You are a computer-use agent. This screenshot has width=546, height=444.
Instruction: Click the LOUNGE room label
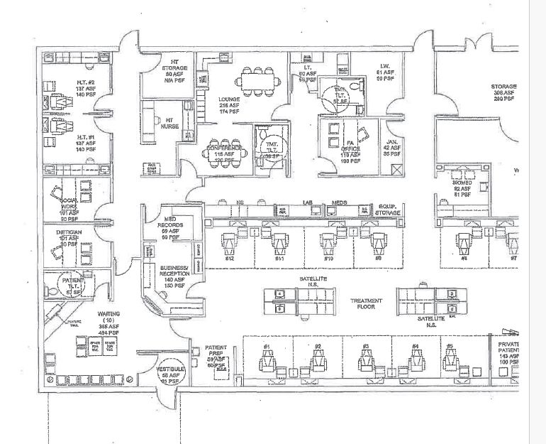228,99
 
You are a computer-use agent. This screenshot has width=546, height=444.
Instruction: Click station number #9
377,258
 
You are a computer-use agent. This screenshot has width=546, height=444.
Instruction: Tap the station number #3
366,346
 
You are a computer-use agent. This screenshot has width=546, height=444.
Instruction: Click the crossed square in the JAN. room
396,168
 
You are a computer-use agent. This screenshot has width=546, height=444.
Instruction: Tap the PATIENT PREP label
216,352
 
